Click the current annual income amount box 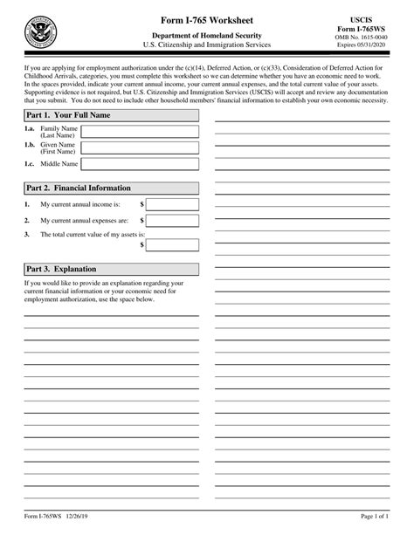[172, 204]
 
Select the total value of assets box [172, 244]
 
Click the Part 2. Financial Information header [79, 188]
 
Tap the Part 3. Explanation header [61, 269]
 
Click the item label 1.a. [31, 129]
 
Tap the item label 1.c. [31, 163]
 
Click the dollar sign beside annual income [141, 204]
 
